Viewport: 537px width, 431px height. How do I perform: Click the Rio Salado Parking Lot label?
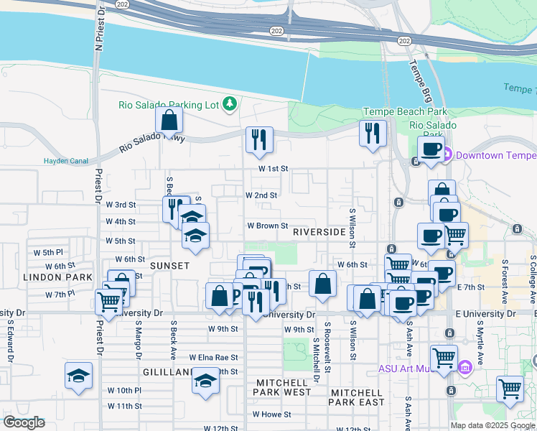click(x=168, y=105)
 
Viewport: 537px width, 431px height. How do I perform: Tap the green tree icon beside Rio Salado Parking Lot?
click(x=230, y=105)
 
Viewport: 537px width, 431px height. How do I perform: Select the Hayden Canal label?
click(x=65, y=161)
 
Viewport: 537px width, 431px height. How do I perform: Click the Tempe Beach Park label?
click(x=405, y=111)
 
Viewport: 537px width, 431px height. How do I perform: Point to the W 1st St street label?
click(x=274, y=169)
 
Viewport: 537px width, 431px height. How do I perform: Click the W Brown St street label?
click(x=268, y=226)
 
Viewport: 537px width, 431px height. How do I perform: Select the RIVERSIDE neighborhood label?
click(x=319, y=233)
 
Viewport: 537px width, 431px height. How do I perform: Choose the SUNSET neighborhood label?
click(x=169, y=266)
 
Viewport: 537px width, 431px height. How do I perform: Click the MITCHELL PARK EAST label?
click(x=356, y=397)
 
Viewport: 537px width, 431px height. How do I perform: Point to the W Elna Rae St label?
click(x=213, y=357)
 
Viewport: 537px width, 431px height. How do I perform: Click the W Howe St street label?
click(x=271, y=414)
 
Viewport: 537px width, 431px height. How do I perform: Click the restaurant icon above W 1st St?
click(x=259, y=139)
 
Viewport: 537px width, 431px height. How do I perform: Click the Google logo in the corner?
click(x=24, y=422)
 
